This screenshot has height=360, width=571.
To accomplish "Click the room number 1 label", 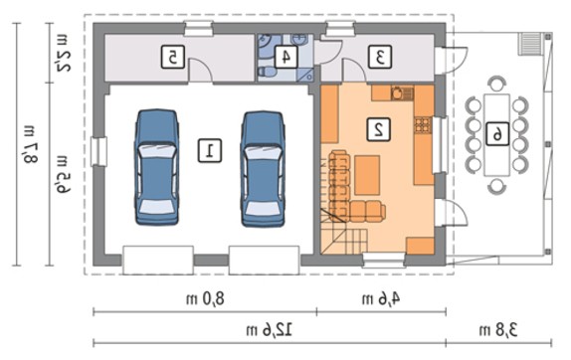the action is click(210, 150).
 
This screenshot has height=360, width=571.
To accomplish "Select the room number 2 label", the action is click(379, 129).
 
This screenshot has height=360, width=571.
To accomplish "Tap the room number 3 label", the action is click(380, 57).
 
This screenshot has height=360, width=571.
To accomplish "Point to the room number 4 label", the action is click(286, 57).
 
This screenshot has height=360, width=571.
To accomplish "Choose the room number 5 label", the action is click(173, 57).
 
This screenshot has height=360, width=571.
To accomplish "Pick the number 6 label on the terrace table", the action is click(497, 134).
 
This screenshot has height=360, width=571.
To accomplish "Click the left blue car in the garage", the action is click(157, 167).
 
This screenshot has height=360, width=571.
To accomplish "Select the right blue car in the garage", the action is click(263, 169).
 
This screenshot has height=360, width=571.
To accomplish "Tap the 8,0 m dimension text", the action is click(205, 299).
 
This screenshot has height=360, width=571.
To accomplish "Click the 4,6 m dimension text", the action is click(381, 299).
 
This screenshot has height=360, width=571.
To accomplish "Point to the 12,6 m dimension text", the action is click(270, 330).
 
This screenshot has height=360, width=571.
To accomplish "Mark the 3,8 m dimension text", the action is click(498, 330).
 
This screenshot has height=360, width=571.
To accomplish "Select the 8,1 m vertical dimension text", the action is click(29, 144).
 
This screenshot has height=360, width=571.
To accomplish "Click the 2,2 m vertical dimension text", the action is click(63, 53).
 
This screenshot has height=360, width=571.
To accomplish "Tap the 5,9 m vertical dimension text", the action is click(63, 173).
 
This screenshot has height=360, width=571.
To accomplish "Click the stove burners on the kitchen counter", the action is click(423, 125).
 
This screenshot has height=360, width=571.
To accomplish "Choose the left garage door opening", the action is click(158, 260).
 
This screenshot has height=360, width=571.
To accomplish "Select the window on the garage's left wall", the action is click(99, 152).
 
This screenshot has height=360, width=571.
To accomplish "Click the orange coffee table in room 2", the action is click(367, 175).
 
